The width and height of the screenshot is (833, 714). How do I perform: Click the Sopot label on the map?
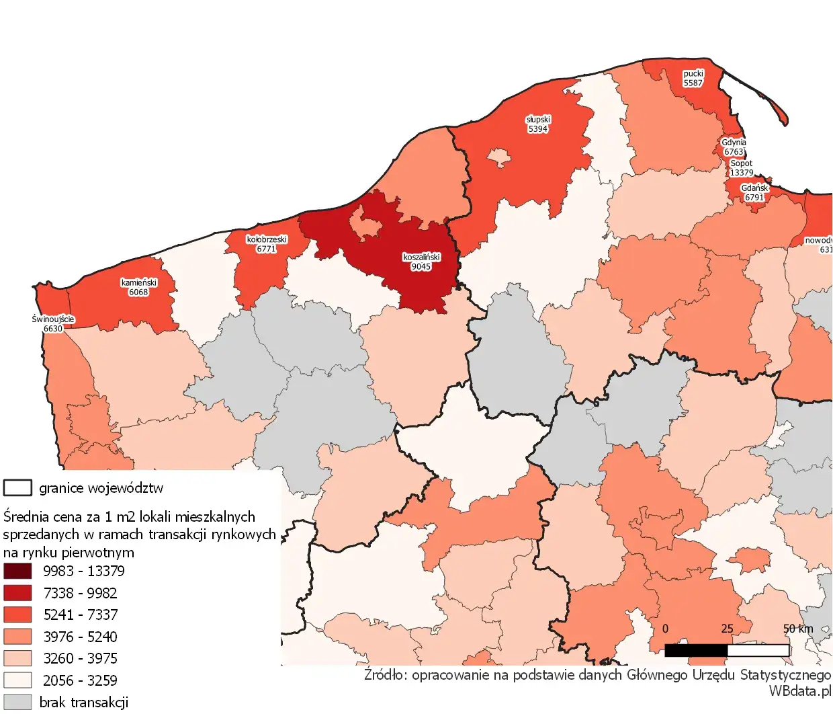coord(742,163)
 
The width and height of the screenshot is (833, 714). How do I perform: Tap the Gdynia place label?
coord(734,143)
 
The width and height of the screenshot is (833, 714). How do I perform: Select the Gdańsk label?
coord(754,188)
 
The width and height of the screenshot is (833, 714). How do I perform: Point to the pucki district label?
coord(693,74)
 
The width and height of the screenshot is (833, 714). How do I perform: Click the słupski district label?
coord(538,120)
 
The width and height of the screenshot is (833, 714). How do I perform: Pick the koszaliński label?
coord(421,257)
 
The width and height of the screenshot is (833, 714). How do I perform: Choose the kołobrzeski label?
coord(267,239)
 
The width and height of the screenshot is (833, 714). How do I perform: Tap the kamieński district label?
coord(138,283)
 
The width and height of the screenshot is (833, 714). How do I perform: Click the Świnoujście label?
coord(53,319)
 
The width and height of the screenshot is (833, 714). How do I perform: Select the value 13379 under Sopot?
coord(742,173)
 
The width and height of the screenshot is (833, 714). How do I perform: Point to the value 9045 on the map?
coord(421,267)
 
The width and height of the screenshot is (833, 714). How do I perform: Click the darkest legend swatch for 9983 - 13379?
coord(17,571)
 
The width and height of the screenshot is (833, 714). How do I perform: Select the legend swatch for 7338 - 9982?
coord(17,593)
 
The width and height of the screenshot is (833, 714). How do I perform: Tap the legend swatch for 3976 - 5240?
coord(17,637)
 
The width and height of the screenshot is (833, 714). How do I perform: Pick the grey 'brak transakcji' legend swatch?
coord(17,702)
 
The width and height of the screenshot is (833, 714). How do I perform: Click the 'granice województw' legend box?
coord(17,487)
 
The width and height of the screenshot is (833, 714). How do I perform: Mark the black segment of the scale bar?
coord(696,650)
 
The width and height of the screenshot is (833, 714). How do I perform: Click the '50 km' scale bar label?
coord(798,629)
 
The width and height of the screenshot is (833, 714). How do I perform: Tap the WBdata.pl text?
coord(799,691)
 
